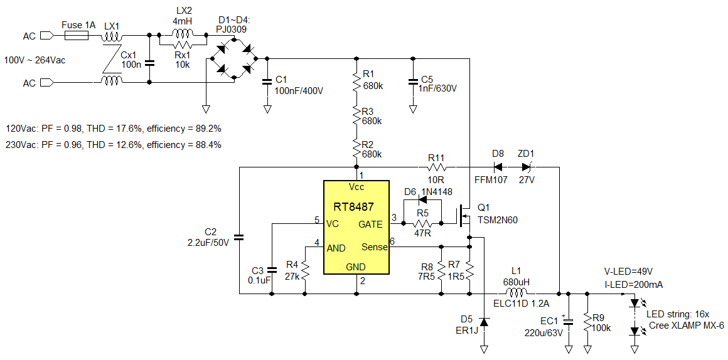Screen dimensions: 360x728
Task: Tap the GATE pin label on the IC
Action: [370, 224]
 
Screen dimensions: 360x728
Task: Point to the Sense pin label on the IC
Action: [374, 247]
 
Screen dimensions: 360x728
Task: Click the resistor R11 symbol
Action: [436, 167]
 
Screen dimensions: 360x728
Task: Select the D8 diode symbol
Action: [498, 167]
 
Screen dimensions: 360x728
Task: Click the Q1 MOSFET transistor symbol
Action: [465, 217]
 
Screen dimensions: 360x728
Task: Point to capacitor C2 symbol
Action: [238, 237]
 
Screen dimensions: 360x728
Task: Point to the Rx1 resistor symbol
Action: [183, 45]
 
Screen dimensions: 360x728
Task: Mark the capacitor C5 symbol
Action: [413, 80]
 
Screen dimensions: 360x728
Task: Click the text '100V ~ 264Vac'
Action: [35, 60]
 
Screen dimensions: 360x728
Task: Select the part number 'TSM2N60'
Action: [498, 220]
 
